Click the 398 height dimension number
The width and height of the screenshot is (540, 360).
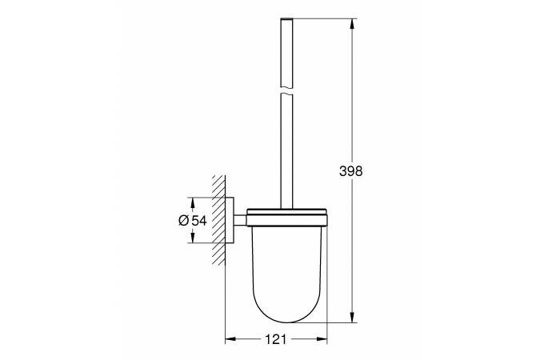(x=351, y=171)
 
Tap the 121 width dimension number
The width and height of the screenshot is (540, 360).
(x=276, y=340)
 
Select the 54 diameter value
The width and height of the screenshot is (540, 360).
(x=199, y=220)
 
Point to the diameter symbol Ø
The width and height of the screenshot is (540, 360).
(x=184, y=220)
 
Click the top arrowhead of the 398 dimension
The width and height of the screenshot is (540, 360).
(x=352, y=24)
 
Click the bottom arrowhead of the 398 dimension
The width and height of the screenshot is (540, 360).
(x=352, y=318)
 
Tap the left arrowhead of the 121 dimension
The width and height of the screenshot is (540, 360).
(x=230, y=340)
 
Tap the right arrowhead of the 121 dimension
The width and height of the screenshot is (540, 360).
(x=322, y=340)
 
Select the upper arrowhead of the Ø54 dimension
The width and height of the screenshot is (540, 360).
(x=193, y=203)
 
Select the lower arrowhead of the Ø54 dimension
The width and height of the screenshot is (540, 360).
(x=193, y=238)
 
